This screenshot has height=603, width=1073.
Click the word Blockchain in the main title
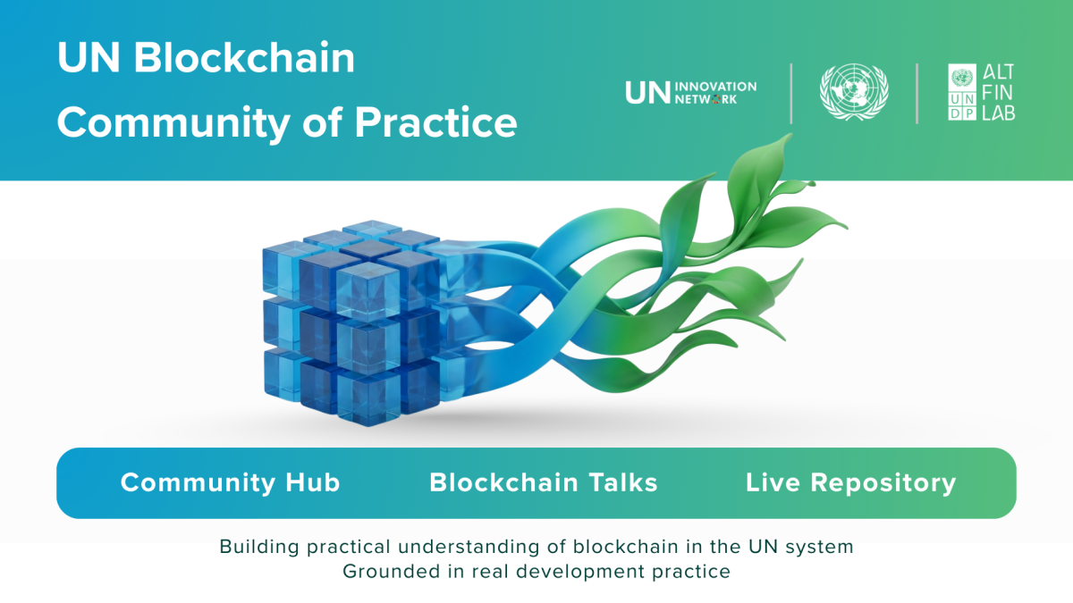click(244, 57)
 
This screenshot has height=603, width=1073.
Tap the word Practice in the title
click(436, 122)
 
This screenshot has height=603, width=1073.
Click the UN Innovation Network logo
click(690, 92)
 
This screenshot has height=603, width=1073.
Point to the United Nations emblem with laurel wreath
click(854, 92)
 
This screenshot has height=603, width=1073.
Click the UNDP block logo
click(962, 92)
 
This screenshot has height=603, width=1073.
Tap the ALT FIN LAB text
click(998, 92)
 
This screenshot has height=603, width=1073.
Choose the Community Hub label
click(230, 482)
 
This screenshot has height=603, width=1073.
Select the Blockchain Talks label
click(544, 482)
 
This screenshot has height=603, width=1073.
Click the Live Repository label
click(850, 483)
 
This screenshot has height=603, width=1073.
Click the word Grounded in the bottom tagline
click(391, 572)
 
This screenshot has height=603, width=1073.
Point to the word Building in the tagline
click(259, 547)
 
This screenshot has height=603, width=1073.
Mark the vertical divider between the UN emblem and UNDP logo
click(917, 93)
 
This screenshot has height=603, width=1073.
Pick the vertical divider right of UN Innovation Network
click(790, 93)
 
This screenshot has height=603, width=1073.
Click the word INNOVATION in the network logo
click(715, 87)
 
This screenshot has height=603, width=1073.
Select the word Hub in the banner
click(313, 482)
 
